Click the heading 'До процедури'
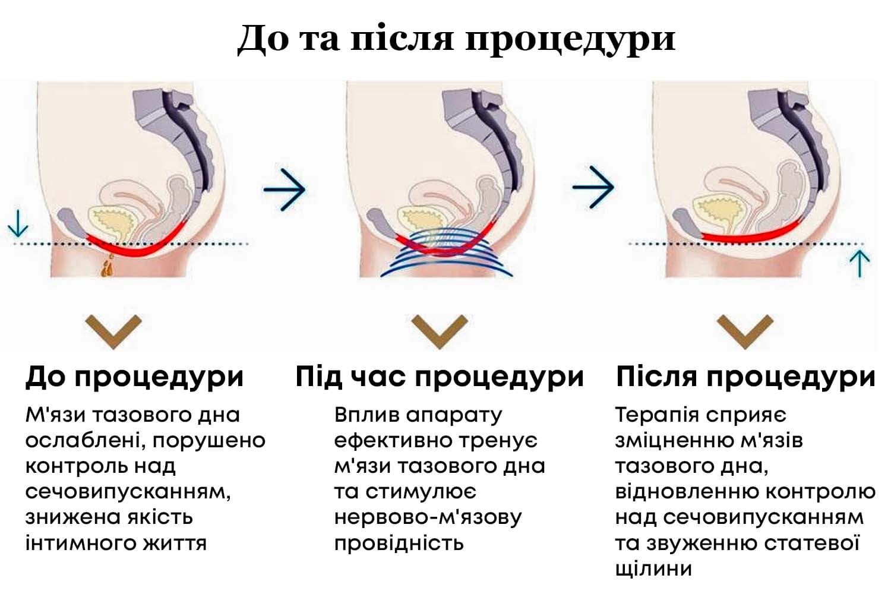click(x=135, y=377)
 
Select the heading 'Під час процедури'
click(x=440, y=377)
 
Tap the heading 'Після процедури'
click(x=745, y=377)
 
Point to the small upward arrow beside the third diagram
click(x=860, y=263)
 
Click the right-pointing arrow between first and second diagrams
click(x=285, y=189)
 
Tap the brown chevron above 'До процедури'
click(x=113, y=330)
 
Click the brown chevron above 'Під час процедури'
click(x=440, y=330)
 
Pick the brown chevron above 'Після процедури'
click(x=745, y=330)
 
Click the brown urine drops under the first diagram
click(x=108, y=268)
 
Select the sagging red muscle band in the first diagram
click(x=137, y=249)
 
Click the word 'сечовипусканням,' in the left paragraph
click(x=128, y=492)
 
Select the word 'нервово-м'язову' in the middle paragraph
click(x=428, y=517)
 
